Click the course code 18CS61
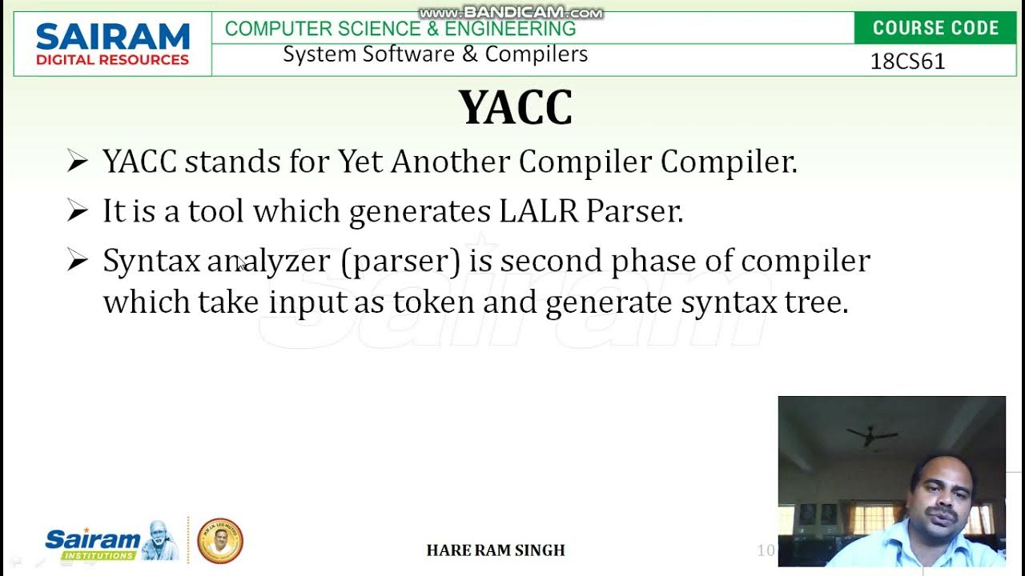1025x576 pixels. (907, 62)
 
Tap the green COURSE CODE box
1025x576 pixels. (935, 28)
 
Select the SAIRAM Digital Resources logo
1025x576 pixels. (112, 44)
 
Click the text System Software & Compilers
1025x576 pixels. (435, 54)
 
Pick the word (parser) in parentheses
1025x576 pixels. (400, 262)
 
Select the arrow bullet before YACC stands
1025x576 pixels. (77, 162)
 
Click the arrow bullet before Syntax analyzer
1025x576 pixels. (77, 261)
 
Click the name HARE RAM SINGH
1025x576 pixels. (496, 550)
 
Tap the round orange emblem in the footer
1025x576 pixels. (219, 541)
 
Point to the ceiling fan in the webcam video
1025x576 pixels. (870, 435)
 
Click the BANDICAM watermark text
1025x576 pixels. (511, 13)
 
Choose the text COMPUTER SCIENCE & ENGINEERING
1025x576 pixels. (400, 29)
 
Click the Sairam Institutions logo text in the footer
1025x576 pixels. (93, 542)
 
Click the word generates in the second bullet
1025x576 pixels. (420, 212)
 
